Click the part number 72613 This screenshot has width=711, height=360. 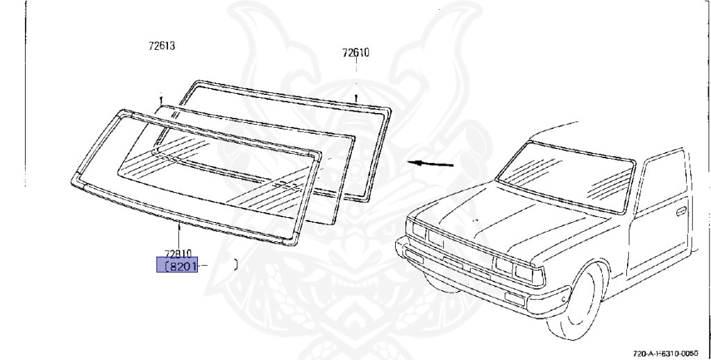[161, 46]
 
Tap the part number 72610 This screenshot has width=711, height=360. [356, 53]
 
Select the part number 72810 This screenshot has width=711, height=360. [178, 254]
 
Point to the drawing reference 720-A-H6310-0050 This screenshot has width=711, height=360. [666, 353]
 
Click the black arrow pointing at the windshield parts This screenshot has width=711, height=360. [430, 164]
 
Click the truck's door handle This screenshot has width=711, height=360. [680, 211]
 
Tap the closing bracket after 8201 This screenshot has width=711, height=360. [235, 264]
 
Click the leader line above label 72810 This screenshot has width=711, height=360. [179, 237]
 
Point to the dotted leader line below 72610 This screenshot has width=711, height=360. [356, 66]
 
